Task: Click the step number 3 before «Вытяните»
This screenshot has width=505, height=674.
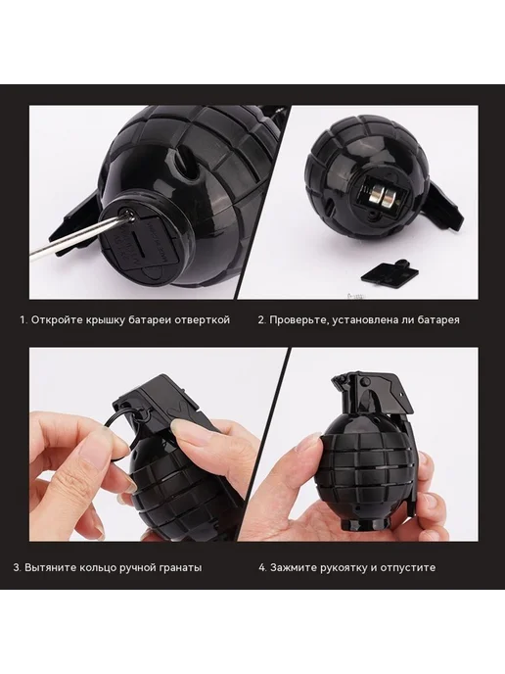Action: click(17, 567)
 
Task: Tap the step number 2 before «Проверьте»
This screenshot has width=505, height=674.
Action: click(261, 320)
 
